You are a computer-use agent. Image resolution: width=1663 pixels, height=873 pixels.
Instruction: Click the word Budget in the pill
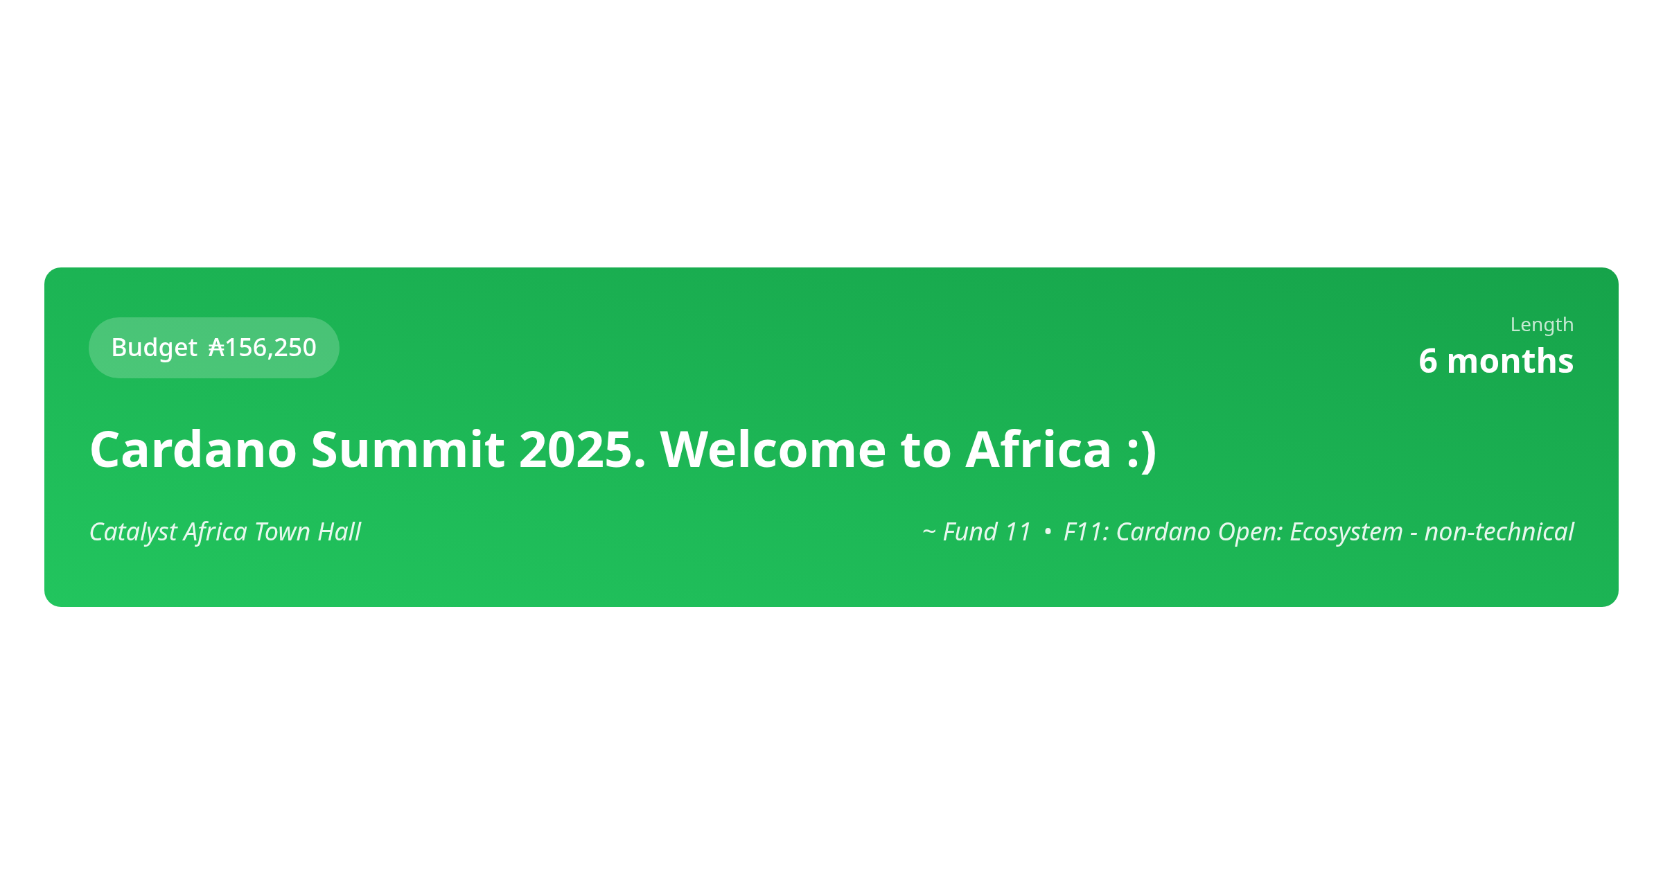click(154, 348)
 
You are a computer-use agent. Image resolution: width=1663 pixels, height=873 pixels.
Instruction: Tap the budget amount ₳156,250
click(263, 348)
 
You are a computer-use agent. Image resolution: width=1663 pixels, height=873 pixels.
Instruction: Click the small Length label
click(1542, 325)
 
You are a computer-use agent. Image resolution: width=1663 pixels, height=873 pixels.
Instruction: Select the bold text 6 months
click(1496, 361)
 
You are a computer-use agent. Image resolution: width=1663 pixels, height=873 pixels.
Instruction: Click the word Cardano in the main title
click(193, 450)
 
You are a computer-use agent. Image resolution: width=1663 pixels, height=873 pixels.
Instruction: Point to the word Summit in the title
click(407, 450)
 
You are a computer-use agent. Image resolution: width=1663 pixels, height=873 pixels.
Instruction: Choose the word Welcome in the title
click(773, 450)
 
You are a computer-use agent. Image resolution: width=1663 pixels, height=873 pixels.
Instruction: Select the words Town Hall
click(308, 532)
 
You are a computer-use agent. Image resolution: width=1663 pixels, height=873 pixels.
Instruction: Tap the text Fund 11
click(987, 532)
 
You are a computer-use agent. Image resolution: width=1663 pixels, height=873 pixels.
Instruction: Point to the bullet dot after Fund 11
click(1048, 531)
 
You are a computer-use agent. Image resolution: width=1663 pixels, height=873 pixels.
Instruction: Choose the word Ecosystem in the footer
click(1346, 532)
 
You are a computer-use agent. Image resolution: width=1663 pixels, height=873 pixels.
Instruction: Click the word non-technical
click(1499, 532)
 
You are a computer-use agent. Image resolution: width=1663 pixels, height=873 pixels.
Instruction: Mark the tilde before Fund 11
click(929, 532)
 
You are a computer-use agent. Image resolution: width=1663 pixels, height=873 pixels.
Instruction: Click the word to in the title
click(926, 450)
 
